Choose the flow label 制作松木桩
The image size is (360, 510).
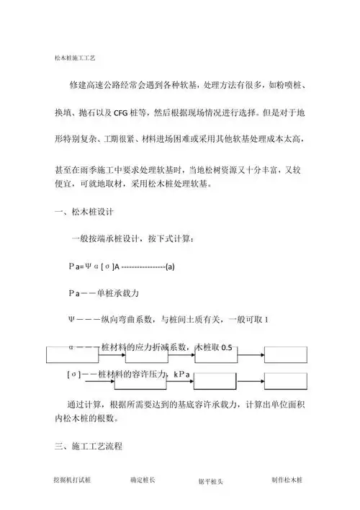288,479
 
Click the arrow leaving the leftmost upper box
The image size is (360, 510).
107,353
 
